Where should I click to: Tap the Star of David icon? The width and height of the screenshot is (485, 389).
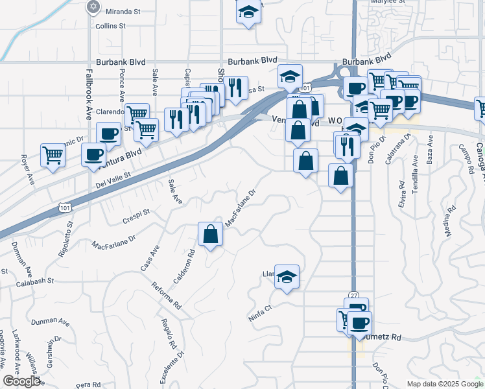(93, 7)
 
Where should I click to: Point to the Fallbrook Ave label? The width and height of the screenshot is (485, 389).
(89, 95)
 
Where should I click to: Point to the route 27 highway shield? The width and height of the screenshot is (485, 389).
(353, 294)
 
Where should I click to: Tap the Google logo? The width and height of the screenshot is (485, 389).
(21, 381)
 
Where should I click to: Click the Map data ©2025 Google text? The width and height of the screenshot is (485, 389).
(445, 384)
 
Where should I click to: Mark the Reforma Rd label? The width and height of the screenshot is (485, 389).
(165, 296)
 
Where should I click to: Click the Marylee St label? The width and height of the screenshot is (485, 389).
(387, 2)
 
